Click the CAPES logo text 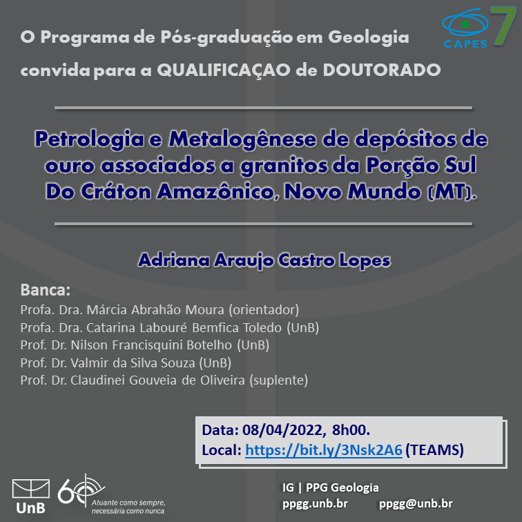point(465,43)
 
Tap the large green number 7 point(503,26)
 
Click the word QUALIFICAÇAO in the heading point(224,70)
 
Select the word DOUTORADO point(382,70)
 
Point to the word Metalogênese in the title point(242,139)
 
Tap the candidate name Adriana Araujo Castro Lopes point(264,260)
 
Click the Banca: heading point(46,289)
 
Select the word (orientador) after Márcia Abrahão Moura point(264,310)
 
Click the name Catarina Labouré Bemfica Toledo point(184,327)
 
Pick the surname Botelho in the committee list point(209,345)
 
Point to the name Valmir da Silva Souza point(133,363)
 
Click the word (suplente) point(279,380)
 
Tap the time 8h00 point(351,430)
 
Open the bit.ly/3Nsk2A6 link point(324,450)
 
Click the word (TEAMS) point(434,450)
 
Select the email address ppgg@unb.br point(416,503)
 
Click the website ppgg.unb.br point(315,504)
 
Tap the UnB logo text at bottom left point(30,508)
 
